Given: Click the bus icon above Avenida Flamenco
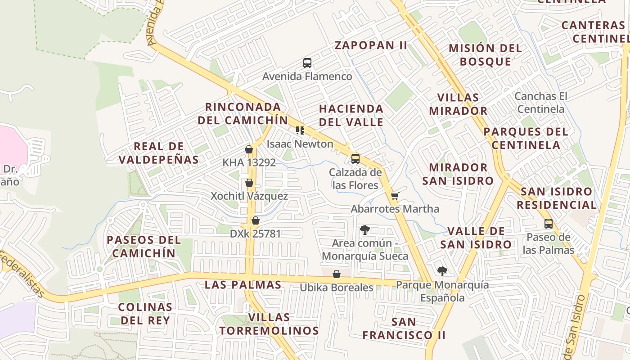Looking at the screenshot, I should [x=307, y=63].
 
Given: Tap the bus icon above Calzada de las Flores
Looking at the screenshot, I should [x=355, y=158].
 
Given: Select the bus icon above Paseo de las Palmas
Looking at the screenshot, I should [x=548, y=223].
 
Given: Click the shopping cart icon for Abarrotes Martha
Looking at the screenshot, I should [x=395, y=196].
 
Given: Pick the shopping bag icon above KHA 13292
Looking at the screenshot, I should [x=249, y=149].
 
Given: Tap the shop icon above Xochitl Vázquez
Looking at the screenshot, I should [x=249, y=183].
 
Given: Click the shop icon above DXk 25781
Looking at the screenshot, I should [x=256, y=220].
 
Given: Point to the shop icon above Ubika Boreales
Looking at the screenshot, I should [x=336, y=274].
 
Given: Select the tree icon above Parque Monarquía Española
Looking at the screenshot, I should [x=442, y=271].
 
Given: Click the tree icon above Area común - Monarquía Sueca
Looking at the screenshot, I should [x=365, y=230].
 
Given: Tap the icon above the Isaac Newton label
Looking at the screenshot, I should [x=300, y=130].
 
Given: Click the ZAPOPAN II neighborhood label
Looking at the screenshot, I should [x=371, y=45].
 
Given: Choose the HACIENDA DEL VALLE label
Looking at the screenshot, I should [x=351, y=115].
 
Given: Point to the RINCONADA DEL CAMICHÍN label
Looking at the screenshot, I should [x=243, y=113].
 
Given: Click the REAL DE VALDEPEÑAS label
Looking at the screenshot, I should [x=159, y=153].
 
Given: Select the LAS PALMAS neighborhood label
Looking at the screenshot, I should [x=243, y=285].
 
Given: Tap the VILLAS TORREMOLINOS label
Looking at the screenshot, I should [x=269, y=324].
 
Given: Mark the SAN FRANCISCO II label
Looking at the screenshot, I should [x=404, y=328].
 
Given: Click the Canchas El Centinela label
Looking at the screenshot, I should [x=540, y=103].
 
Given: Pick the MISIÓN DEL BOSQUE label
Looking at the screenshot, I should [x=486, y=54].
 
